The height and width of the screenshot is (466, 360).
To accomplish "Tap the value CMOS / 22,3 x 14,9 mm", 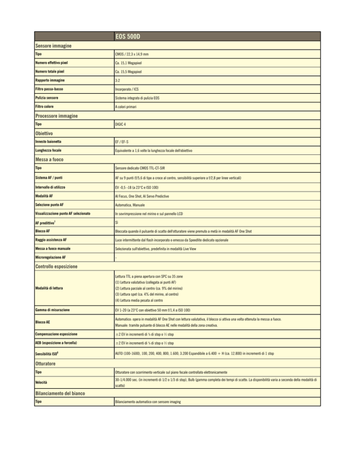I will (135, 55).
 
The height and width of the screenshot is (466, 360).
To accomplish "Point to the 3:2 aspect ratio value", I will (119, 80).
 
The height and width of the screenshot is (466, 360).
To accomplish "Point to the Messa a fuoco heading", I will (52, 159).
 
